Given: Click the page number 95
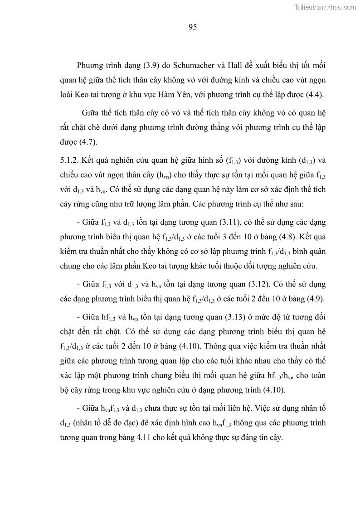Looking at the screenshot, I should [192, 27].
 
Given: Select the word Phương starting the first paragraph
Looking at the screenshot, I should [91, 65].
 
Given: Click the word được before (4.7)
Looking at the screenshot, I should [69, 142].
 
